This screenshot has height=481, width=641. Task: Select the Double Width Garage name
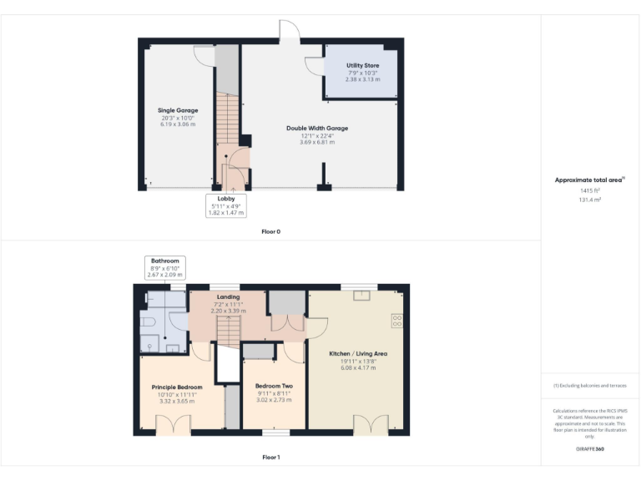pos(316,129)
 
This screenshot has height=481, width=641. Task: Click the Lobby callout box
pos(225,205)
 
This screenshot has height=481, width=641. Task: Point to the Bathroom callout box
pos(164,267)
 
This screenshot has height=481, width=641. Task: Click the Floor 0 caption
pos(270,231)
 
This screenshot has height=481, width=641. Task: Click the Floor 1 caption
pos(270,457)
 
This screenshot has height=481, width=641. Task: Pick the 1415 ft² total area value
pos(590,191)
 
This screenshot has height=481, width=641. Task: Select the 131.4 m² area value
pos(590,200)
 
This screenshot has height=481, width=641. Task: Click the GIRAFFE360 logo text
pos(590,449)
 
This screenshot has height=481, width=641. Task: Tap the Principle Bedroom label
pos(176,387)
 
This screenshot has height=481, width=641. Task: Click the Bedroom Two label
pos(274,386)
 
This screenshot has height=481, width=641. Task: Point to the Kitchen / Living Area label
pos(358,354)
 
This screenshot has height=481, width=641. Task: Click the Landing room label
pos(228,296)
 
